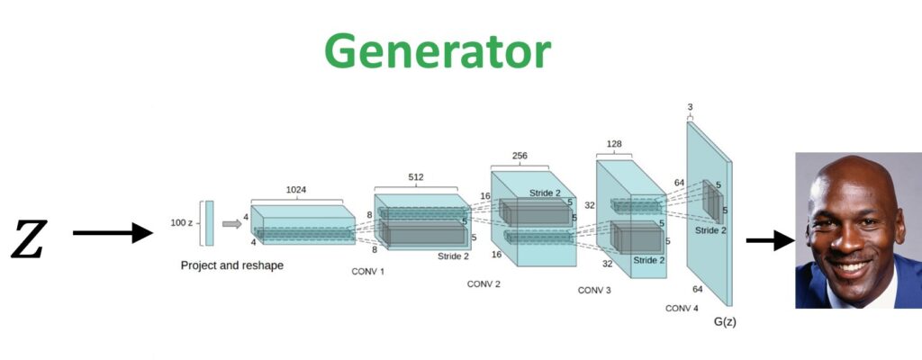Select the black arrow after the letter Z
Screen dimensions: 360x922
click(113, 234)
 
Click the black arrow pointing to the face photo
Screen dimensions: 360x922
click(767, 241)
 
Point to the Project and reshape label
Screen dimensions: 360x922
click(232, 265)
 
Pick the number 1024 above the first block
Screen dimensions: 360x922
click(296, 191)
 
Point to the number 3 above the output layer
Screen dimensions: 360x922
click(690, 107)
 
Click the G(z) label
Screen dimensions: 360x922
click(724, 321)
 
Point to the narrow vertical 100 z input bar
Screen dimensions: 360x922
click(209, 223)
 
